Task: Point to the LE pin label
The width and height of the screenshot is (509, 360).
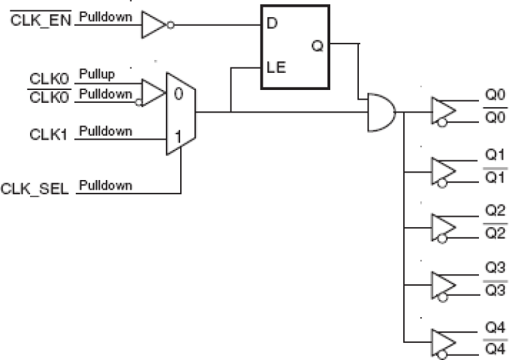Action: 276,69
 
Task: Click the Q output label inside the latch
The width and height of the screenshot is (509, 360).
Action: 317,46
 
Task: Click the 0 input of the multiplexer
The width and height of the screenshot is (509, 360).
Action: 178,94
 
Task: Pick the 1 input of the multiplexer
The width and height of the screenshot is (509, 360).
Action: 177,136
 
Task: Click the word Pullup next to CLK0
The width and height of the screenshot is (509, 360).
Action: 96,72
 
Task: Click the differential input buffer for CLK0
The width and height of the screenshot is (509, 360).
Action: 151,92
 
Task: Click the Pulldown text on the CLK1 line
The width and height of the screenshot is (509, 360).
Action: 106,130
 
